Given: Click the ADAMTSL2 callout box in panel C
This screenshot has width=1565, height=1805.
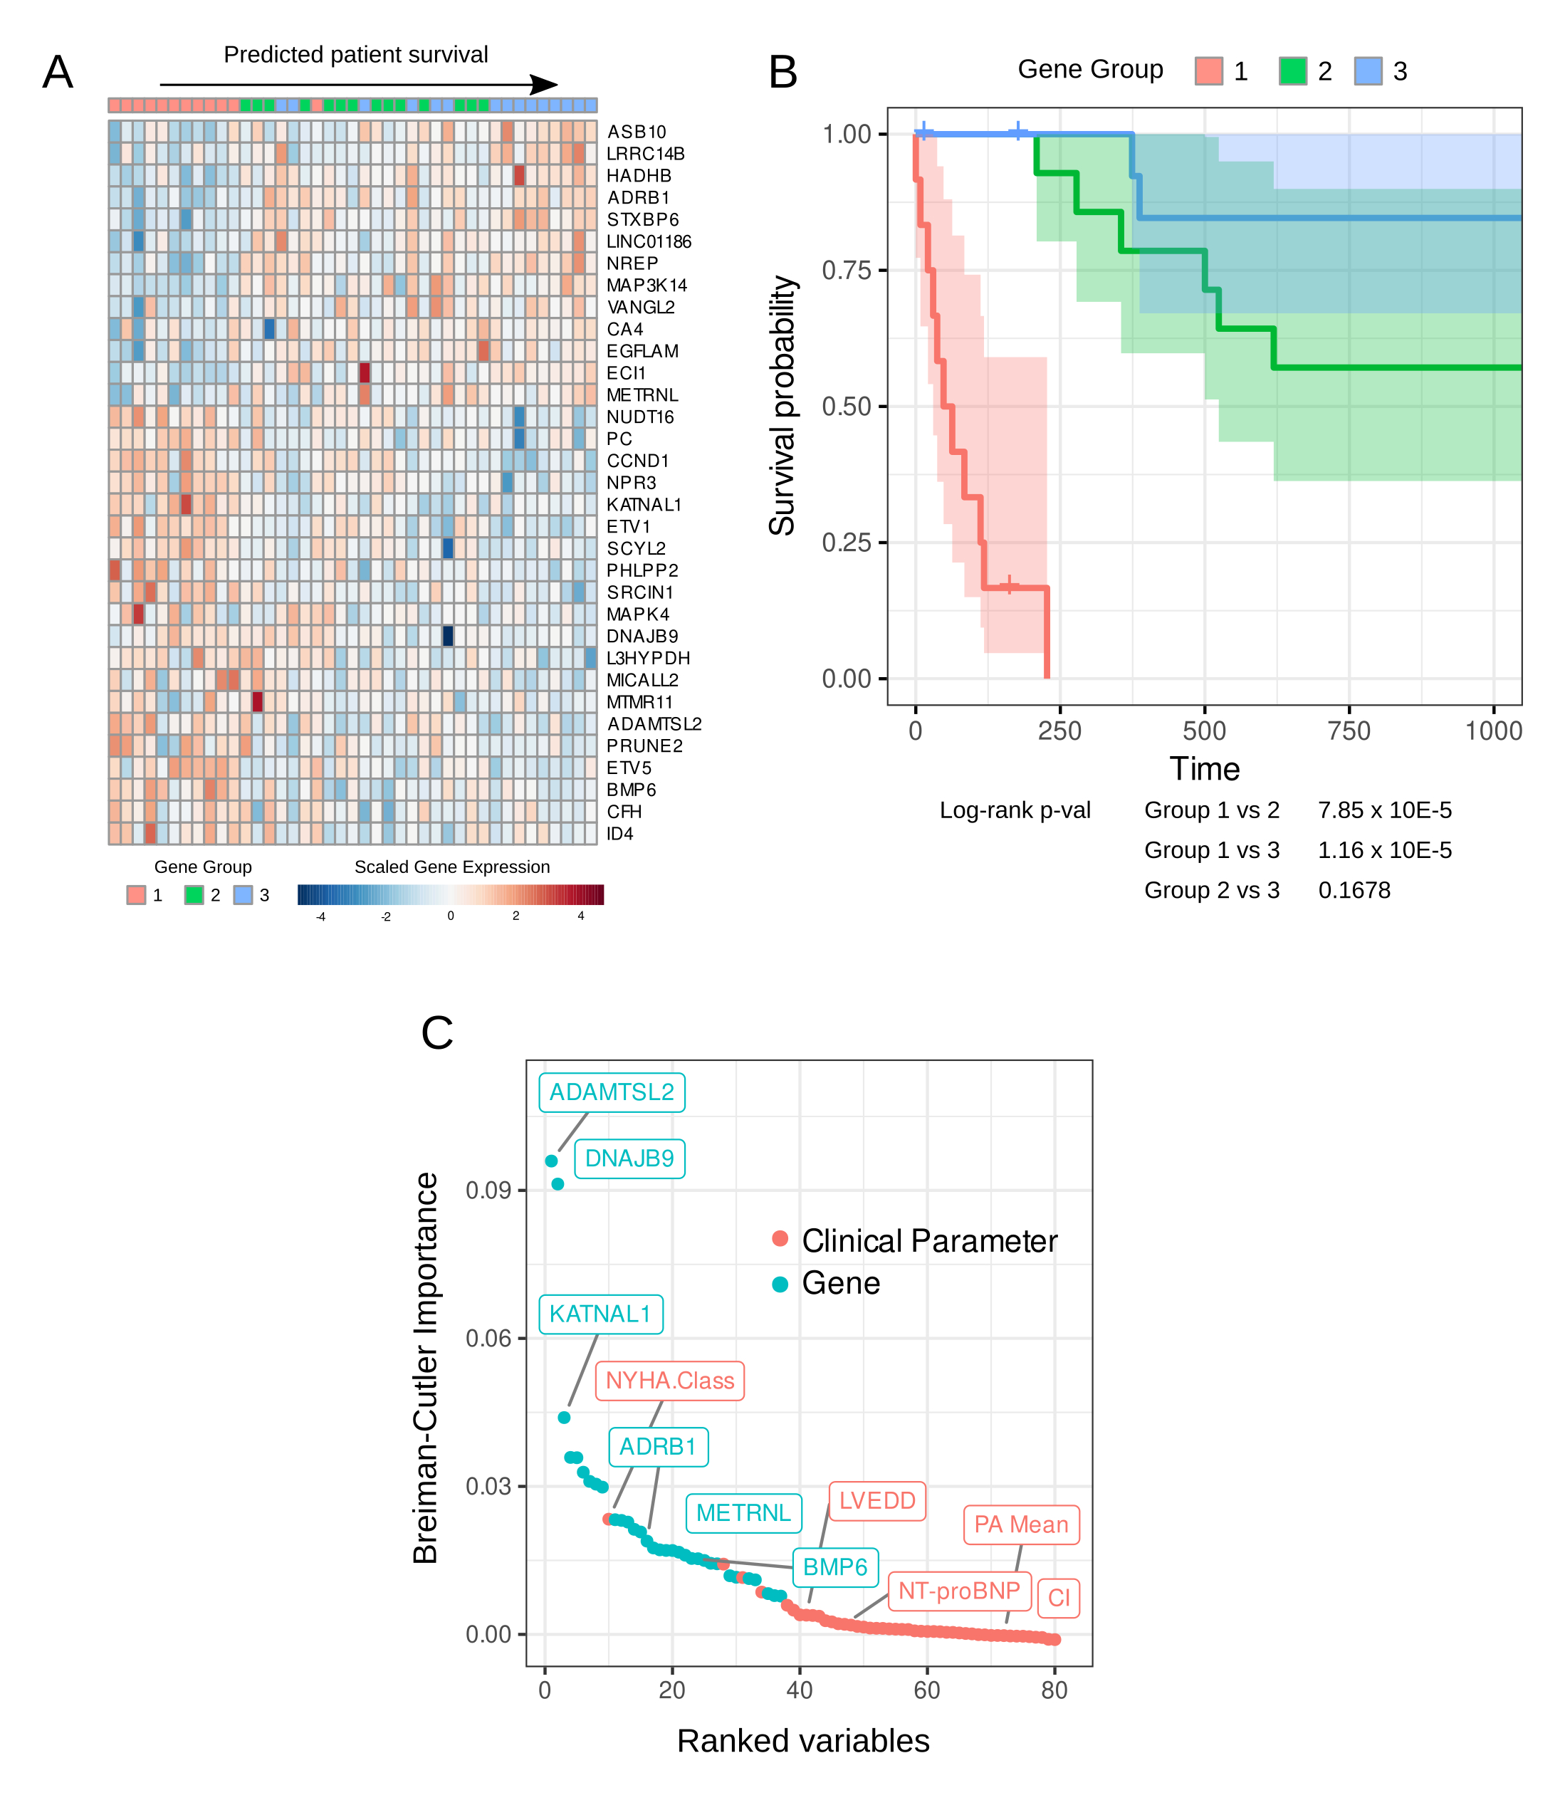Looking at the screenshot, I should pyautogui.click(x=612, y=1092).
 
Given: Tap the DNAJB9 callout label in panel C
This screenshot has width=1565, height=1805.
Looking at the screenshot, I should pyautogui.click(x=629, y=1158).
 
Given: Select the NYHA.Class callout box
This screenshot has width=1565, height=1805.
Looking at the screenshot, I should pyautogui.click(x=670, y=1381).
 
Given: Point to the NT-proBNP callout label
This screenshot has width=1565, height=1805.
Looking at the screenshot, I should pyautogui.click(x=959, y=1591).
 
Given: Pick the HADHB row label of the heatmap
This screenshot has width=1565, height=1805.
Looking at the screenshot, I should pyautogui.click(x=639, y=176).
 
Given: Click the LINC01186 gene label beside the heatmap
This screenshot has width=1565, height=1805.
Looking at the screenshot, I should pyautogui.click(x=648, y=242).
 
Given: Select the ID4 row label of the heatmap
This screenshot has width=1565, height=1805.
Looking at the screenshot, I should pyautogui.click(x=619, y=834).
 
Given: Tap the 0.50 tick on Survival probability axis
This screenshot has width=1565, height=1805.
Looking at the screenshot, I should pyautogui.click(x=847, y=406).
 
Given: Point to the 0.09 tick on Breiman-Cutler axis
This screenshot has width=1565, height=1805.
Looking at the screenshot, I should pyautogui.click(x=488, y=1191).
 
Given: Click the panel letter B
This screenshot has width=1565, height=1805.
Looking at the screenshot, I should pyautogui.click(x=782, y=72).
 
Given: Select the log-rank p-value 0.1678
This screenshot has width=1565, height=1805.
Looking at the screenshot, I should pyautogui.click(x=1354, y=891).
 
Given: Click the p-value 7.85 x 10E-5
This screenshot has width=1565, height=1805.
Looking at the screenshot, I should pyautogui.click(x=1384, y=810).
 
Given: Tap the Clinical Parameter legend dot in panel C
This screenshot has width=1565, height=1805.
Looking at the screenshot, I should pyautogui.click(x=780, y=1239).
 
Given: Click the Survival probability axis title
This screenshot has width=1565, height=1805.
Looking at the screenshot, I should pyautogui.click(x=782, y=406).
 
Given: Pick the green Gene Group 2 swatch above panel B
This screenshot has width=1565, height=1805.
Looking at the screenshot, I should pyautogui.click(x=1292, y=70).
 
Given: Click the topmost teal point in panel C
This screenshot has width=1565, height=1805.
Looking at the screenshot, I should pyautogui.click(x=551, y=1161).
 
